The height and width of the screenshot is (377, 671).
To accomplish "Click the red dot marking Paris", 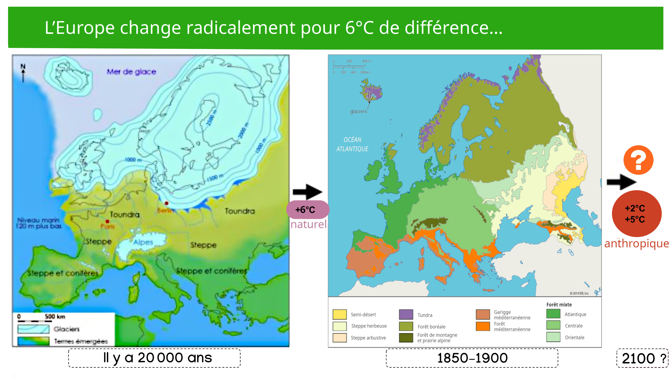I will [107, 221].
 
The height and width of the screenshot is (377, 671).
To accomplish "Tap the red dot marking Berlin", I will [166, 203].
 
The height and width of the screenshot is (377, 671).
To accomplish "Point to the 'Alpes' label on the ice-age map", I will [143, 242].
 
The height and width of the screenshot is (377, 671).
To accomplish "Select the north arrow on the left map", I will [23, 73].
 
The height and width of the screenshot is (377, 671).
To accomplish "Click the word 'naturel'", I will [308, 224].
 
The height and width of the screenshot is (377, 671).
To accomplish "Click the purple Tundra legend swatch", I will [406, 314].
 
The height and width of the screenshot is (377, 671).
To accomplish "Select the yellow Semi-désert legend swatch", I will [339, 314].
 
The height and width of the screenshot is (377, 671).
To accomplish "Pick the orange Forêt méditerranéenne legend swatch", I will [483, 326].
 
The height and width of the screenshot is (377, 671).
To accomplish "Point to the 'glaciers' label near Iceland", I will [358, 111].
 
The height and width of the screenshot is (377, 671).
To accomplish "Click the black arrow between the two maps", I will [307, 192].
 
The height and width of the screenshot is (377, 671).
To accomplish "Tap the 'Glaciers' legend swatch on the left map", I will [33, 329].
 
